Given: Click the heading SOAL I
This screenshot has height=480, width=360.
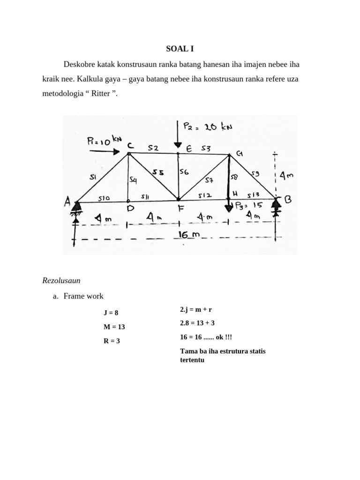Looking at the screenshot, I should click(180, 48).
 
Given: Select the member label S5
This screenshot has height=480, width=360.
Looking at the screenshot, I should click(158, 172).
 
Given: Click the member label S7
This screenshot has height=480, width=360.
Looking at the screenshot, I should click(210, 179).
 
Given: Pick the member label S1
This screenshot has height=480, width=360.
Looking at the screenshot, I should click(93, 176).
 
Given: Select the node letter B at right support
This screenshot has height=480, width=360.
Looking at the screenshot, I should click(287, 200).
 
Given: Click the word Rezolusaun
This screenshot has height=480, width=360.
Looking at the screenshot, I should click(61, 281).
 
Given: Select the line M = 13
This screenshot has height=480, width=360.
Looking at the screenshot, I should click(114, 327).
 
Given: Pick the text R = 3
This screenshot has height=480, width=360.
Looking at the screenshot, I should click(112, 341).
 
